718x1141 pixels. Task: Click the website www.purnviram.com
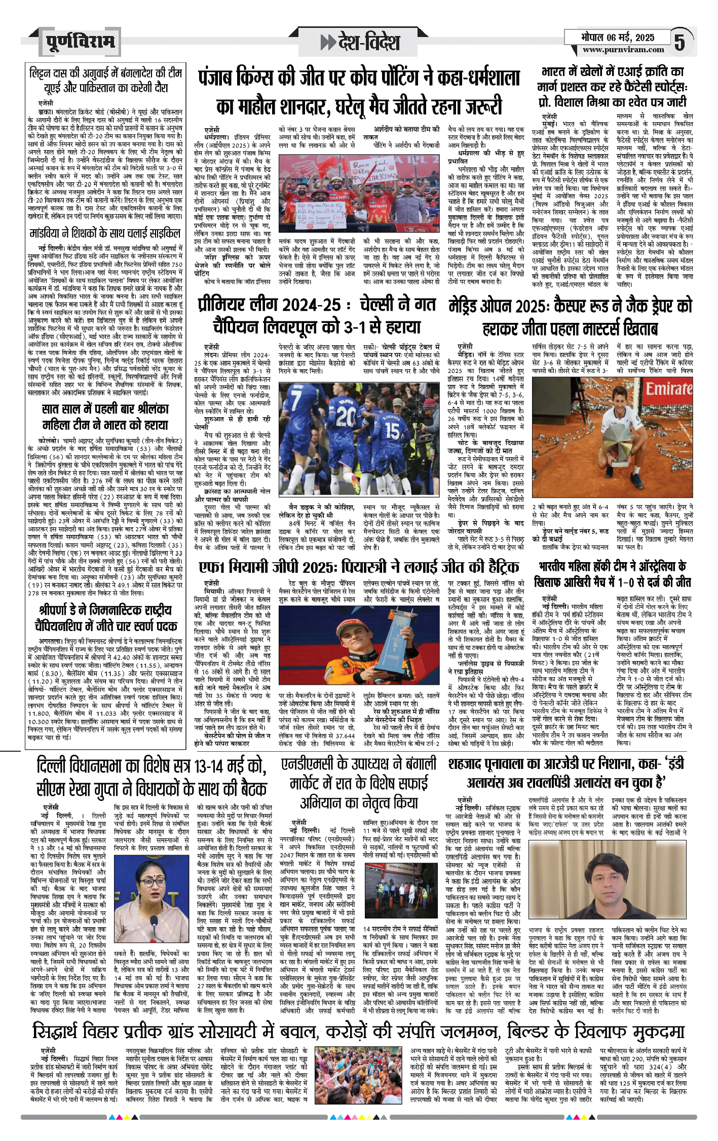pyautogui.click(x=623, y=50)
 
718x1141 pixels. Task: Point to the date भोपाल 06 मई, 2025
pyautogui.click(x=618, y=38)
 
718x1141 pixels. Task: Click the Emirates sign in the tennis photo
pyautogui.click(x=668, y=389)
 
